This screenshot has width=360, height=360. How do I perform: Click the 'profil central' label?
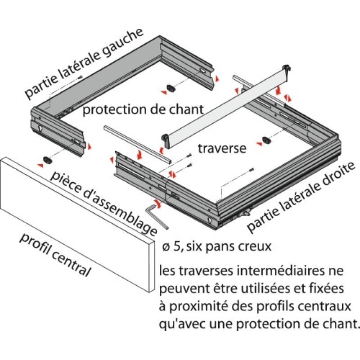[x=55, y=255]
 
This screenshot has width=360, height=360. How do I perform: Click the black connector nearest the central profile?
[x=47, y=159]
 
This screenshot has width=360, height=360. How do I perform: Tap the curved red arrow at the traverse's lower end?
[x=161, y=148]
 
